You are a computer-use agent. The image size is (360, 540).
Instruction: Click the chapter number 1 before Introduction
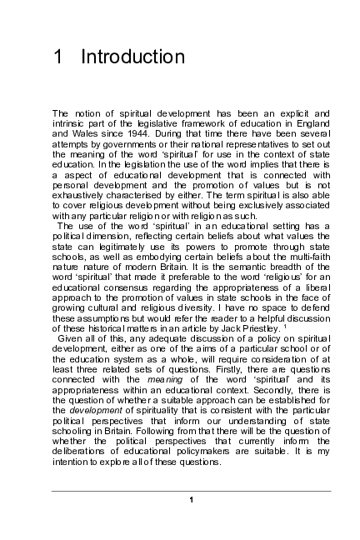point(57,57)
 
